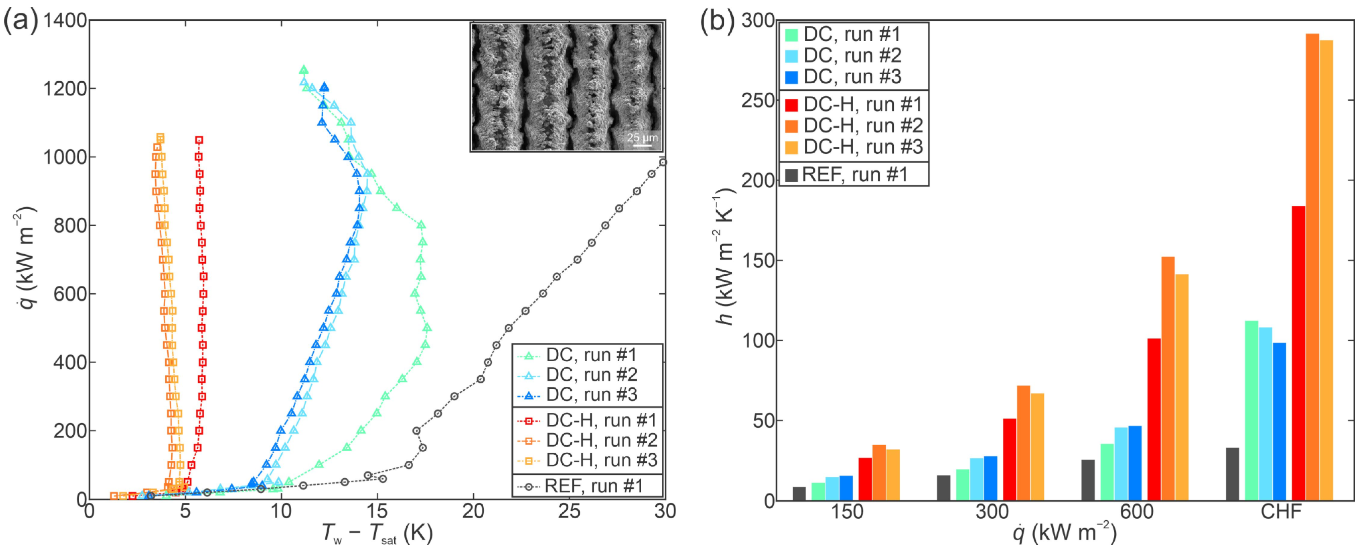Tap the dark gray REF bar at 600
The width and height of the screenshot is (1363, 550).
(x=1088, y=480)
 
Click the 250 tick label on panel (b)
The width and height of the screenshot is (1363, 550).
(x=758, y=100)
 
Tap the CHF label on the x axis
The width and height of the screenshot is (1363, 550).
(x=1280, y=512)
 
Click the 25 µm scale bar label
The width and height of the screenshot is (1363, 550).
(x=642, y=137)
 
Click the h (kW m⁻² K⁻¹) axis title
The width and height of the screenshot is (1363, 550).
(x=724, y=257)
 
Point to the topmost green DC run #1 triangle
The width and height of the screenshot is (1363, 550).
(x=303, y=70)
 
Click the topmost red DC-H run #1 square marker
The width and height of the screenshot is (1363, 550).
(x=199, y=140)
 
